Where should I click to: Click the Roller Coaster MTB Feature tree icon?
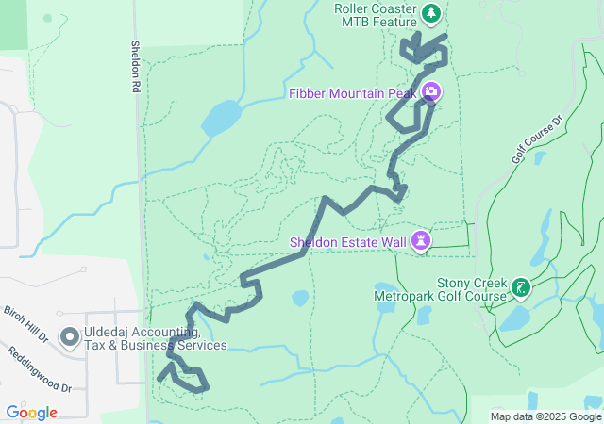pyautogui.click(x=431, y=13)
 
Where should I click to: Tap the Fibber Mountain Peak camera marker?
pyautogui.click(x=430, y=91)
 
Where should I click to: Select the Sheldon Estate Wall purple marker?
pyautogui.click(x=421, y=242)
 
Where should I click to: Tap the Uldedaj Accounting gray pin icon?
pyautogui.click(x=69, y=337)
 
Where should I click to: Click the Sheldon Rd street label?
pyautogui.click(x=136, y=66)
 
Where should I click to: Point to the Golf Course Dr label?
pyautogui.click(x=537, y=140)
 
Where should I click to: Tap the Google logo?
pyautogui.click(x=31, y=413)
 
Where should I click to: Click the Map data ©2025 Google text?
pyautogui.click(x=545, y=416)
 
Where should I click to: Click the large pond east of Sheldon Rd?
pyautogui.click(x=222, y=118)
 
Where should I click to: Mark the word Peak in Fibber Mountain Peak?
pyautogui.click(x=401, y=92)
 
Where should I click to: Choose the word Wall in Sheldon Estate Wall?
pyautogui.click(x=394, y=242)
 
